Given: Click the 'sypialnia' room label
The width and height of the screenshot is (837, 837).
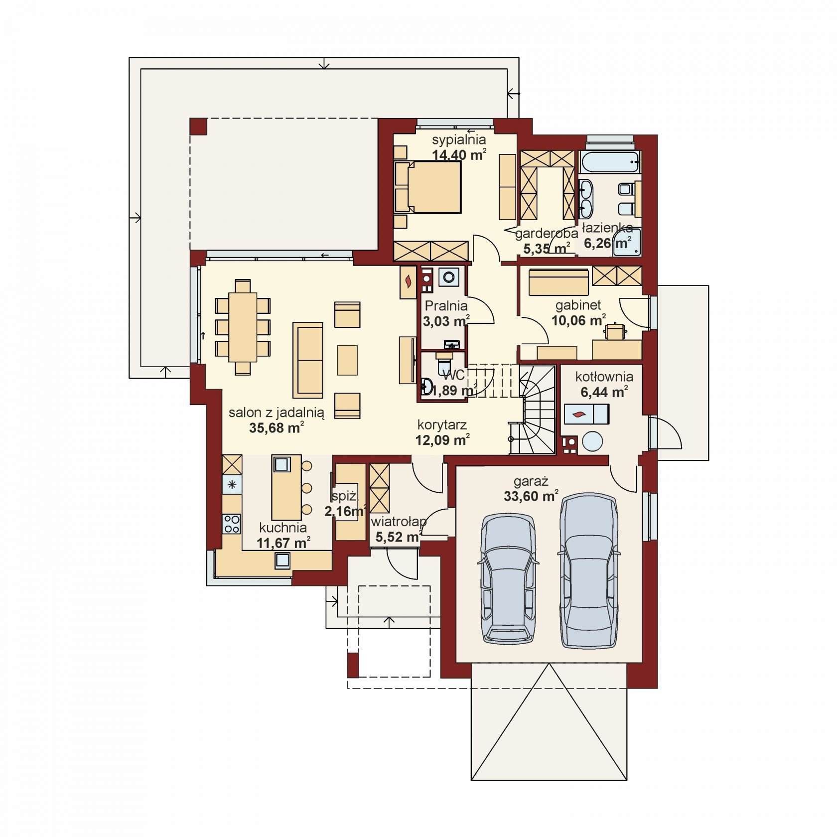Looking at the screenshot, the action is pyautogui.click(x=459, y=139).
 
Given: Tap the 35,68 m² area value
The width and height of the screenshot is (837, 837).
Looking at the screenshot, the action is pyautogui.click(x=277, y=427).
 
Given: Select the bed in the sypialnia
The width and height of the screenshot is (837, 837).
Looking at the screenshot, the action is pyautogui.click(x=427, y=187).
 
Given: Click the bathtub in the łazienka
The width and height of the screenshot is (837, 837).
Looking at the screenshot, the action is pyautogui.click(x=609, y=162).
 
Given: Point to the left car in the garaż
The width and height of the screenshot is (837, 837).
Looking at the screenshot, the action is pyautogui.click(x=508, y=578).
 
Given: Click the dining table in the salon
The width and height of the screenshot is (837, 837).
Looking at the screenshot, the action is pyautogui.click(x=243, y=327).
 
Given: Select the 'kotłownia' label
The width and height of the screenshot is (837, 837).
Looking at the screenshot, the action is pyautogui.click(x=604, y=377).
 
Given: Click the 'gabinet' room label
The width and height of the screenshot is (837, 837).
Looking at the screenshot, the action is pyautogui.click(x=578, y=305).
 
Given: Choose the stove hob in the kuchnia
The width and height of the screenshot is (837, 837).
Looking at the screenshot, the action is pyautogui.click(x=232, y=524).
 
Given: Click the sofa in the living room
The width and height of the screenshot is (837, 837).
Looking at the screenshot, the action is pyautogui.click(x=308, y=360).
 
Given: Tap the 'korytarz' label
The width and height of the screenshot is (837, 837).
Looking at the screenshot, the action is pyautogui.click(x=442, y=425).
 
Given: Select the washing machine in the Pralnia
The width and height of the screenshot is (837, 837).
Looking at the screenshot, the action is pyautogui.click(x=449, y=278).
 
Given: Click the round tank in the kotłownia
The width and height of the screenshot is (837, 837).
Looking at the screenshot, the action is pyautogui.click(x=593, y=441).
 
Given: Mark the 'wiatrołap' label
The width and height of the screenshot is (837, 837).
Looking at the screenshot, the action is pyautogui.click(x=399, y=522).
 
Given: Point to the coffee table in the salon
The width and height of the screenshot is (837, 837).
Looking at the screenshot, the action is pyautogui.click(x=347, y=360).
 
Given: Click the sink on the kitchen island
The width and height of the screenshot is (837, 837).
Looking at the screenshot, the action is pyautogui.click(x=281, y=464).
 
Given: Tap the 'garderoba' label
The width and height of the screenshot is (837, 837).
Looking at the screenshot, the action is pyautogui.click(x=547, y=233).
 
